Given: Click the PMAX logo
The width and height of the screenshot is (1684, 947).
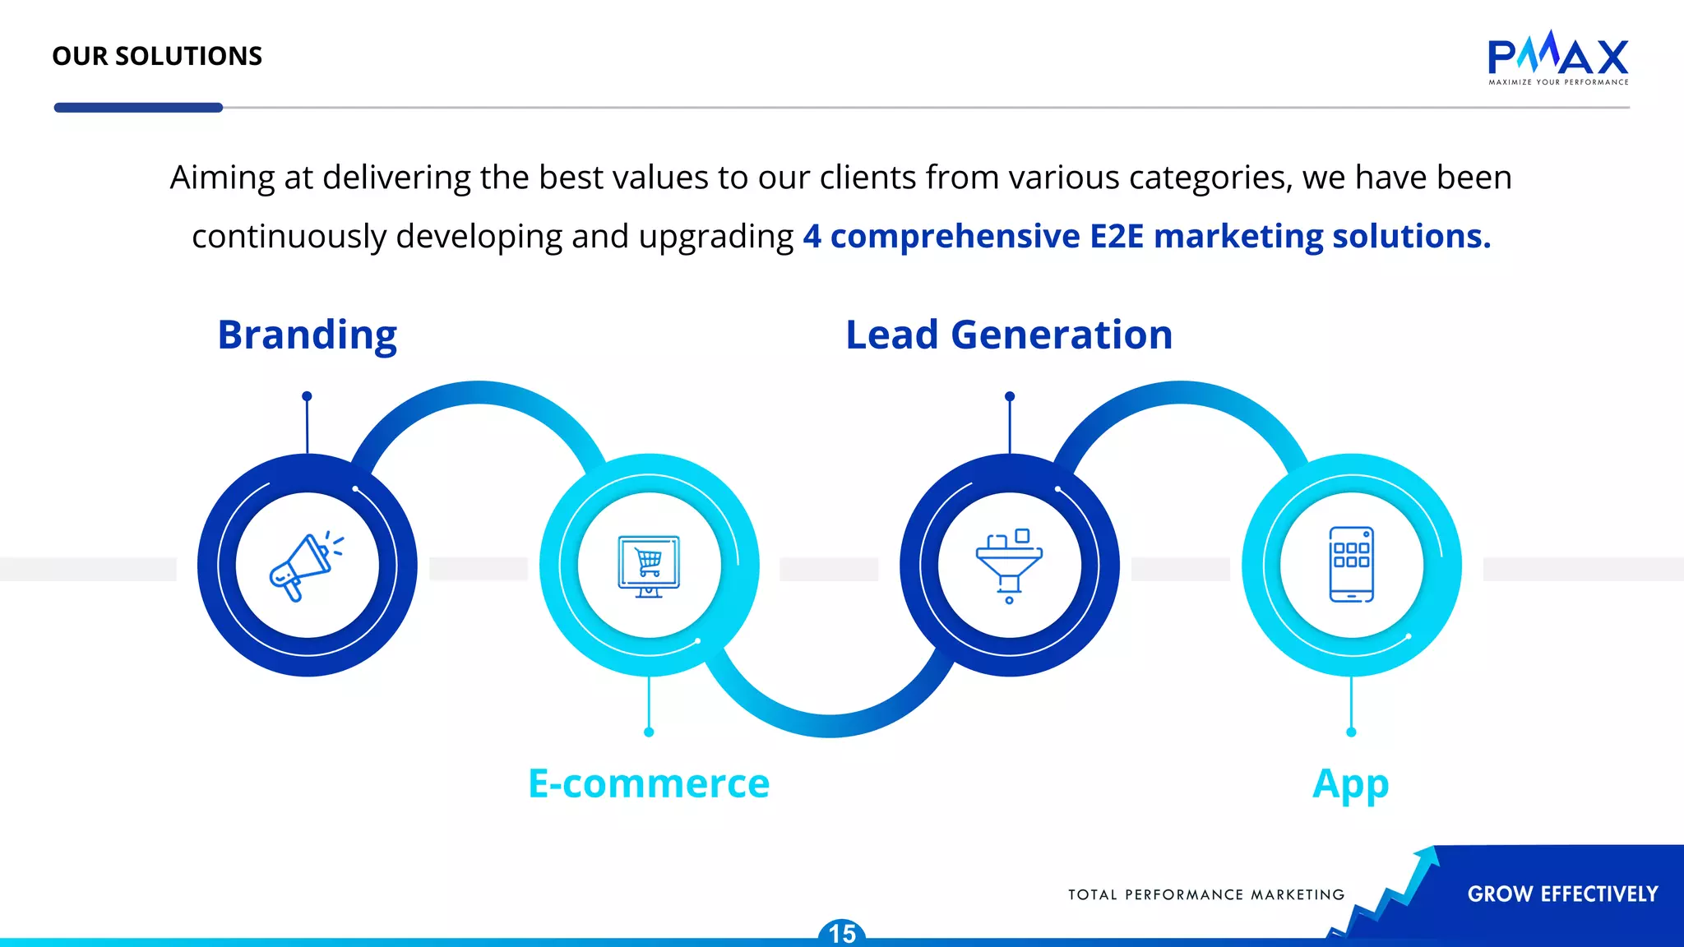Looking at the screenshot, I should tap(1557, 58).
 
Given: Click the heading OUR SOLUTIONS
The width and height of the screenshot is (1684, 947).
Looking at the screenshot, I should tap(157, 56).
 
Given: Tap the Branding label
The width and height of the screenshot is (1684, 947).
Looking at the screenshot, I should tap(308, 335).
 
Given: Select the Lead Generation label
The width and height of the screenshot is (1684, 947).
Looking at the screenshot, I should tap(1009, 335).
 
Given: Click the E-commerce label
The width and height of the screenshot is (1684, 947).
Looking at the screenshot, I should tap(649, 783).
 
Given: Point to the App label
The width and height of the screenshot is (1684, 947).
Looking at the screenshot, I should tap(1350, 784).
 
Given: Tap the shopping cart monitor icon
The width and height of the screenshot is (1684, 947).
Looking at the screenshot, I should tap(649, 566).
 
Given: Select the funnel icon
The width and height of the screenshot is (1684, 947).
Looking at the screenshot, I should tap(1009, 566).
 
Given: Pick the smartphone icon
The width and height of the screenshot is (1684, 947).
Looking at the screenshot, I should tap(1351, 565).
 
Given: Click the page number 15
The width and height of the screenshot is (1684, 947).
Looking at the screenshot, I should tap(842, 934).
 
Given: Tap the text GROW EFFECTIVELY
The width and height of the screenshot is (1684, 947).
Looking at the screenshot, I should tap(1562, 894).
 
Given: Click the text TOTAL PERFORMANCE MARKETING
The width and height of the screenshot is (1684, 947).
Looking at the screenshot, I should tap(1206, 894).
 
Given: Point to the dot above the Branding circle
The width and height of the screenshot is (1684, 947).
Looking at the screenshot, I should tap(307, 396).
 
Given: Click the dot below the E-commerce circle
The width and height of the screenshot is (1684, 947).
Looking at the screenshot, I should tap(649, 732).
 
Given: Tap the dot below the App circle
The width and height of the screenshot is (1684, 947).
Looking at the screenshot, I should tap(1351, 732).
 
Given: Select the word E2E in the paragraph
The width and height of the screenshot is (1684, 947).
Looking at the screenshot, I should tap(1117, 236).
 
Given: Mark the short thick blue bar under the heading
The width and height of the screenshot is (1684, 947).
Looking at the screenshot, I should tap(138, 108).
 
